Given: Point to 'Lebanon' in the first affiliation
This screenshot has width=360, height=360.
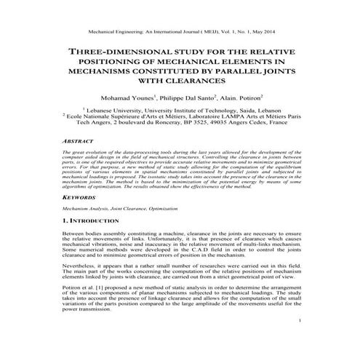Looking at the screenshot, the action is tap(258, 108).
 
